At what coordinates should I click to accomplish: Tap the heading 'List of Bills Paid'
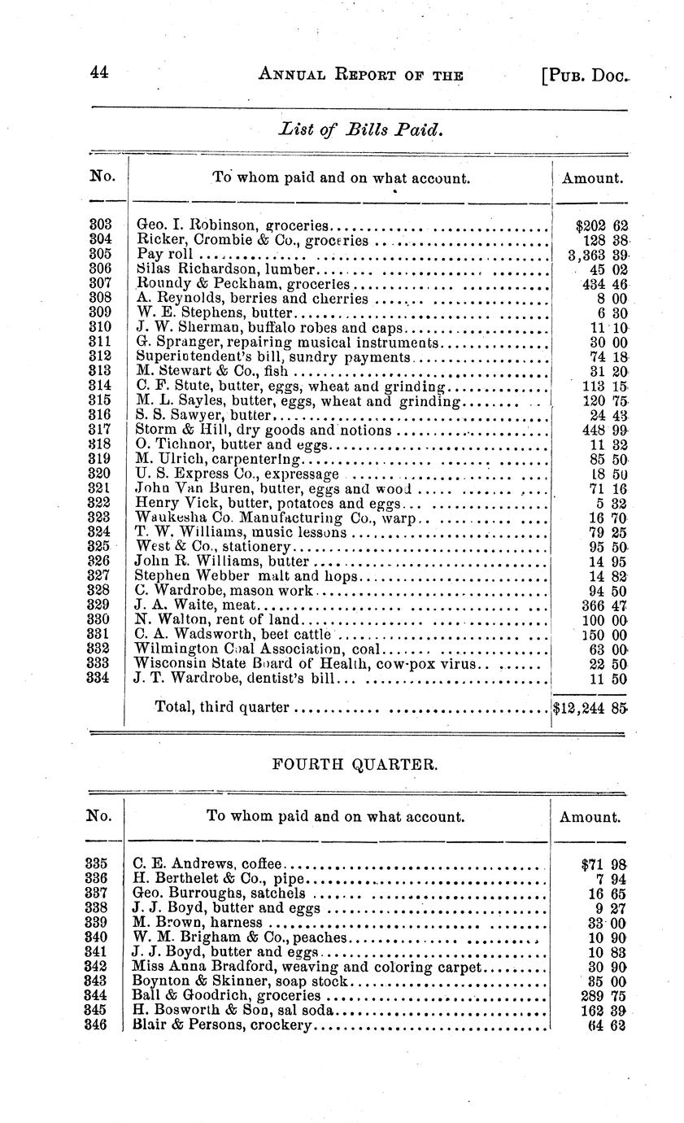tap(361, 129)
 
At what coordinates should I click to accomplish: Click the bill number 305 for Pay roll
tap(100, 253)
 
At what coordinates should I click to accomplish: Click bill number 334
tap(100, 678)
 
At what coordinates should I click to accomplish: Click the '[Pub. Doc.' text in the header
tap(585, 75)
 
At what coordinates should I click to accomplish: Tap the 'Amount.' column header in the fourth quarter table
tap(590, 817)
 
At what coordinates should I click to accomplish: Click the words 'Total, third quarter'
tap(222, 707)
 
